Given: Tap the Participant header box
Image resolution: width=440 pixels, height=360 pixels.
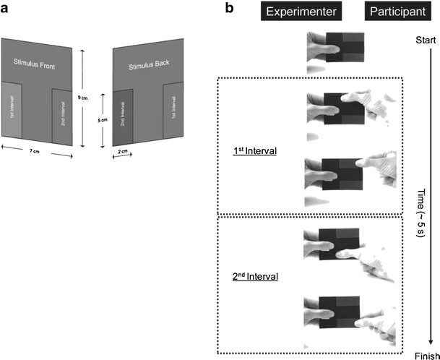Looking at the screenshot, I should [396, 12].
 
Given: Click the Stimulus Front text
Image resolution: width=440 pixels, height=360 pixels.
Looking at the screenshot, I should [34, 66].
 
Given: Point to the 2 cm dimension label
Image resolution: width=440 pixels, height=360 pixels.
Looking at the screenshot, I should [124, 151].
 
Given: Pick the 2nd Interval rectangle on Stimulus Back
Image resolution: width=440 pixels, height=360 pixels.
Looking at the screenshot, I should [124, 116].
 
